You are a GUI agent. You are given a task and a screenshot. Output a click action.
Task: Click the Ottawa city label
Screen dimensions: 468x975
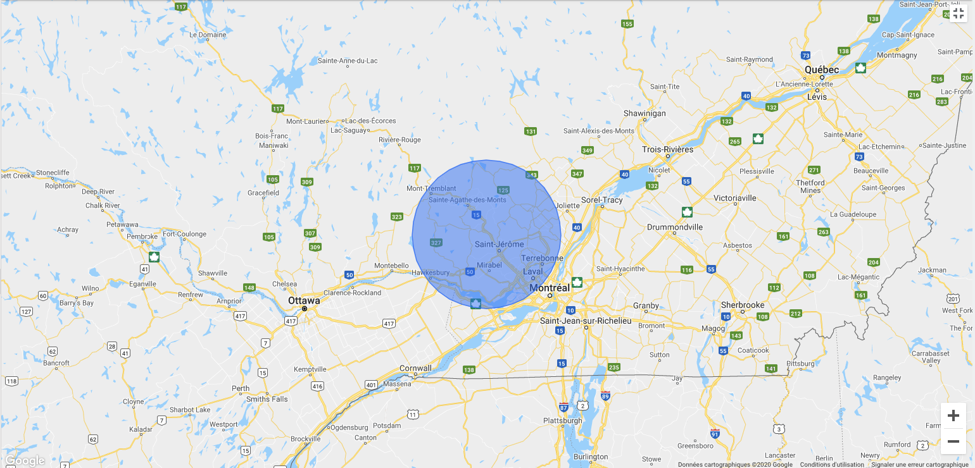point(304,300)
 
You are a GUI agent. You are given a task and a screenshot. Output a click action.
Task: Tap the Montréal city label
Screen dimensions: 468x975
point(550,287)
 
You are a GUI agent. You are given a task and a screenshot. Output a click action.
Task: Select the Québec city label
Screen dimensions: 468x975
point(821,70)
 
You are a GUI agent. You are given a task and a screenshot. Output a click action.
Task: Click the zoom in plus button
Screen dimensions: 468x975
point(953,416)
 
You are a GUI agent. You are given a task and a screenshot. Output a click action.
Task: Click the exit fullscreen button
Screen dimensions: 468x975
point(959,13)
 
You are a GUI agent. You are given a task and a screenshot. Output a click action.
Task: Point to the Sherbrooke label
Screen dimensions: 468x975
point(743,305)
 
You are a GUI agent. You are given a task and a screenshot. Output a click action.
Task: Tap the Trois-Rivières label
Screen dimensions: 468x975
point(667,150)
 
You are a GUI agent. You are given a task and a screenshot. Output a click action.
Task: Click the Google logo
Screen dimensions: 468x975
point(25,460)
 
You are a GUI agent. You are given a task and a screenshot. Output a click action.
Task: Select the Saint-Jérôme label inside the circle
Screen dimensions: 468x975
point(499,244)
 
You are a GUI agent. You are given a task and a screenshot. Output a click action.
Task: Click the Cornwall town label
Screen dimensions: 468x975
point(415,368)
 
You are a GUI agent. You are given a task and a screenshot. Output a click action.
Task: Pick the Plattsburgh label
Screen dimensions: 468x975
point(562,421)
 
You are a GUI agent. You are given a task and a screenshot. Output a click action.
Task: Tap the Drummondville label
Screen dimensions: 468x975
point(675,227)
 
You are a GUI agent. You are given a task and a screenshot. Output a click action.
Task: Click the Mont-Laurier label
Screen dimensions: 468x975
point(306,121)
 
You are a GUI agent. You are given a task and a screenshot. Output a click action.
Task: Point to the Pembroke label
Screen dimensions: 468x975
point(142,237)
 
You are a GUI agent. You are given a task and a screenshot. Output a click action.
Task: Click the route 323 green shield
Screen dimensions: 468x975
point(397,217)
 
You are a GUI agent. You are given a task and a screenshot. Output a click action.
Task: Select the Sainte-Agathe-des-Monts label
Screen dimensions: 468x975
point(467,200)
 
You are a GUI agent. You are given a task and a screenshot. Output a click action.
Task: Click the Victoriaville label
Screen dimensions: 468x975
point(734,198)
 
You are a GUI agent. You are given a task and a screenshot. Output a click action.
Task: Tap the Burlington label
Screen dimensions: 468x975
point(590,457)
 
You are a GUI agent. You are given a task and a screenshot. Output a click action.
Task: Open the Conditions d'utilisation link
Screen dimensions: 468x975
point(831,464)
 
